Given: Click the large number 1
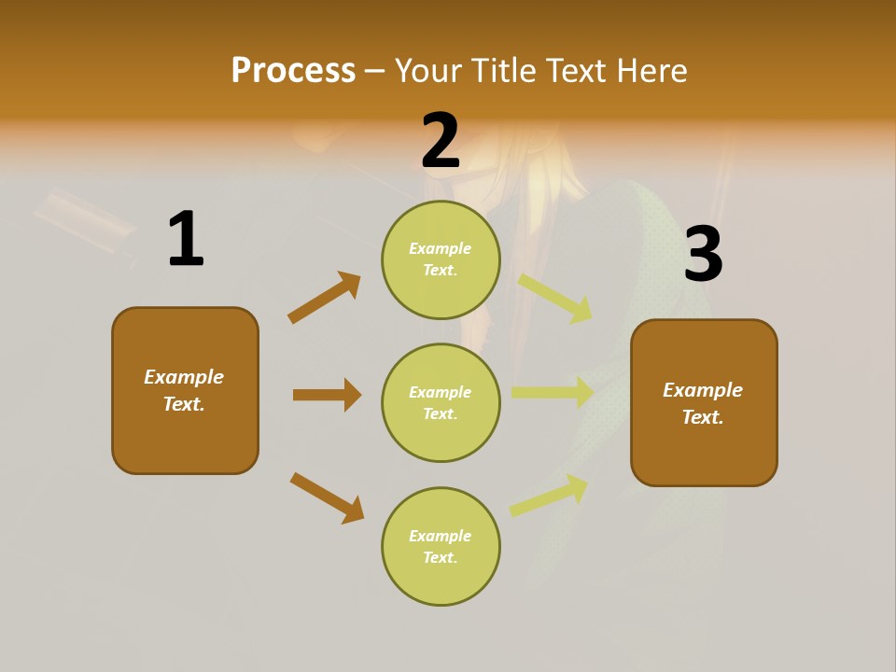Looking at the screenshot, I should pos(185,239).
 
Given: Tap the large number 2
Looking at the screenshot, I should pos(441,141).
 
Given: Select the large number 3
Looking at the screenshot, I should pos(703,254).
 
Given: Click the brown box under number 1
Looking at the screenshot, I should pos(185,390).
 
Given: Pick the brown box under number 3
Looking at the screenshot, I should pos(704,402).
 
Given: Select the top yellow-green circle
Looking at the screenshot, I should pos(441,259).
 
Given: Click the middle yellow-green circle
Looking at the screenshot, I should pos(441,402).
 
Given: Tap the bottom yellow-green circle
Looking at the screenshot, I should pos(441,546).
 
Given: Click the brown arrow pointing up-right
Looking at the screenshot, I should pos(325,298).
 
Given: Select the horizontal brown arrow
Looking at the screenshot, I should pos(327,395).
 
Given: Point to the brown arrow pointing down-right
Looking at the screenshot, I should pos(327,498).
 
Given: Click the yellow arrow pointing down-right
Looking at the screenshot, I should pos(556,299).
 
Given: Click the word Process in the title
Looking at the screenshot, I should pos(293,70).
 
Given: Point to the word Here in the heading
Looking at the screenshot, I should pos(650,70).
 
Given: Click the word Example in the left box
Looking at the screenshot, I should pos(184,377).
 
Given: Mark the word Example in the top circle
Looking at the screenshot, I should pos(441,248).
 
